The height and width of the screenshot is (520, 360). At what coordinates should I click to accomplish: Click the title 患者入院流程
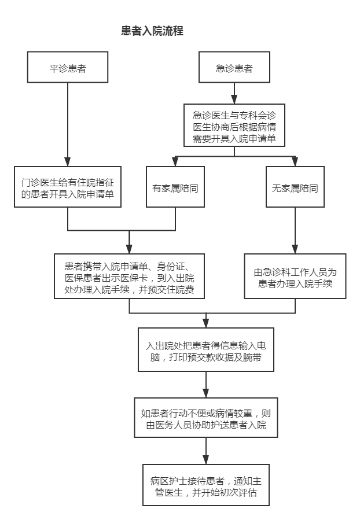pos(152,31)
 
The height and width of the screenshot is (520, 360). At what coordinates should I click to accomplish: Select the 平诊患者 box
pos(68,67)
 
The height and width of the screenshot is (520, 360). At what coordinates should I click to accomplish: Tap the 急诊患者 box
pos(234,67)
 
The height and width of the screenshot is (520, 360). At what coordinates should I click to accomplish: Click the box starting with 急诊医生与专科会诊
pos(234,125)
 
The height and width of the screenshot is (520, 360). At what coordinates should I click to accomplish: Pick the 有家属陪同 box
pos(175,187)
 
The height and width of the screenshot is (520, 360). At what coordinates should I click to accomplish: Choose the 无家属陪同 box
pos(295,187)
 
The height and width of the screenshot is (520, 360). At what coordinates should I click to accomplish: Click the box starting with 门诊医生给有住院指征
pos(68,187)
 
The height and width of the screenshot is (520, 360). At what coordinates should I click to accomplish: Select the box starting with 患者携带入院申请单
pos(129,276)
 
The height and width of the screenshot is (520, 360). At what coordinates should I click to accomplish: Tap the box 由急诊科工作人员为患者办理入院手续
pos(295,276)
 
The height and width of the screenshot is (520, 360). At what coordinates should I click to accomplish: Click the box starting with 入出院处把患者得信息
pos(205,349)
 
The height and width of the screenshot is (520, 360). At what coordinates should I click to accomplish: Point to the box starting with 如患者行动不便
pos(205,418)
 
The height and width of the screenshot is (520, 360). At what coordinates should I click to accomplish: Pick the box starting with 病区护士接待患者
pos(205,485)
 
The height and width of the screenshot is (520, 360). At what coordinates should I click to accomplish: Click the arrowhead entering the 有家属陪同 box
pos(175,162)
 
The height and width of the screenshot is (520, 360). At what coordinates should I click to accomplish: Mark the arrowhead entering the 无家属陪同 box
pos(295,162)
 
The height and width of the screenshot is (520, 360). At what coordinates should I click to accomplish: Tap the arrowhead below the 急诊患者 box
pos(234,99)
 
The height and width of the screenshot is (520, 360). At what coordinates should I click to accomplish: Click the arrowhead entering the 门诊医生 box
pos(68,162)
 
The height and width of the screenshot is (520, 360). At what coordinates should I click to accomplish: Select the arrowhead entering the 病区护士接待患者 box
pos(205,460)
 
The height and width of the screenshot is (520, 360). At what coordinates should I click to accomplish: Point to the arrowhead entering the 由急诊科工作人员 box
pos(295,249)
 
